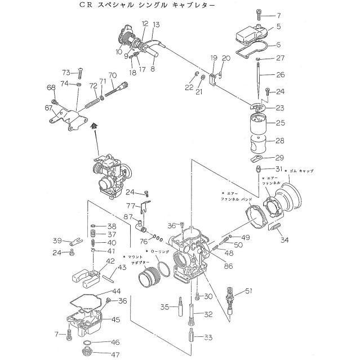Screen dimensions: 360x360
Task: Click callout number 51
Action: click(248, 291)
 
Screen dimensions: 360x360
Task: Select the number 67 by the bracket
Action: click(48, 108)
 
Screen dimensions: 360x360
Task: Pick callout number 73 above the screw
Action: click(66, 73)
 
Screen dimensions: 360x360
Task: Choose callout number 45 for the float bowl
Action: click(115, 319)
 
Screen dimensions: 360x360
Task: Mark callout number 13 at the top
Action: click(156, 24)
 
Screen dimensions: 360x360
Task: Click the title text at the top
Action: click(121, 6)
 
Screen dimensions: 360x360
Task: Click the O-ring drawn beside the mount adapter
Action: click(162, 270)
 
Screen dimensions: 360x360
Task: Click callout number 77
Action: click(130, 206)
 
